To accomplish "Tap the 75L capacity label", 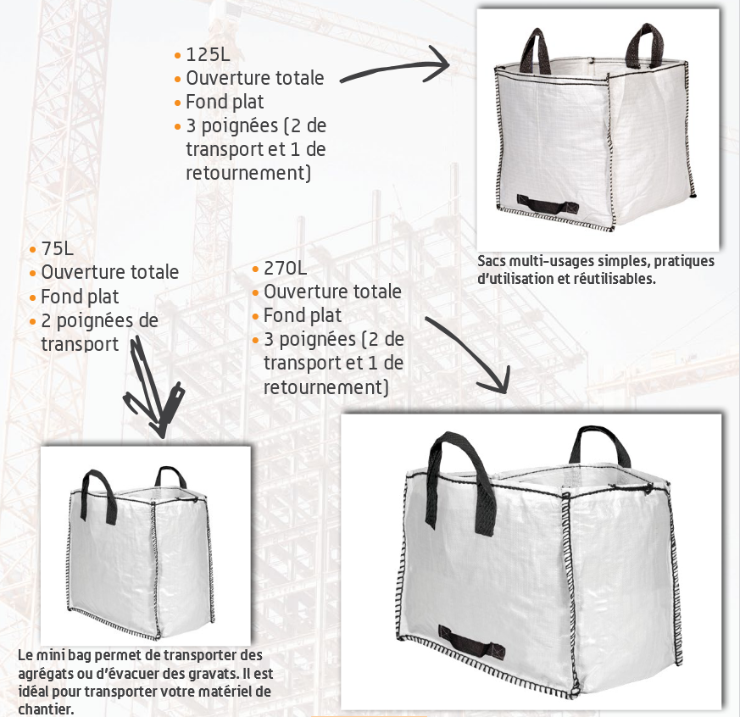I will (x=57, y=249).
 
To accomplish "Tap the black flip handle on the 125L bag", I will (x=548, y=204).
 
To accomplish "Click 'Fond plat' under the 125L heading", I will (x=225, y=102).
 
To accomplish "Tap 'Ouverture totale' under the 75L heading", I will (x=110, y=273).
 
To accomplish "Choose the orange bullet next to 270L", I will (x=255, y=269).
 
